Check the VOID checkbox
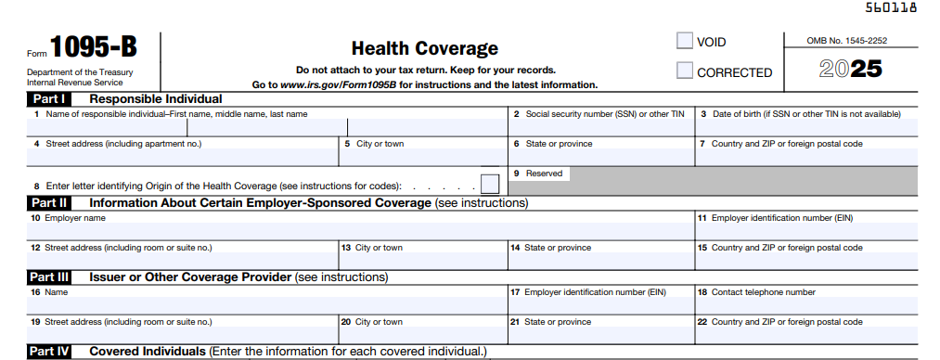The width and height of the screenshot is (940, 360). (x=685, y=41)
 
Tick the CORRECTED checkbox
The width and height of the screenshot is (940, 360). (x=685, y=71)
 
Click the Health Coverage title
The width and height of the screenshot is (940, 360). (x=425, y=49)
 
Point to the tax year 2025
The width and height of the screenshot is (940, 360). (x=850, y=69)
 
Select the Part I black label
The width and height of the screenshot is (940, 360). (x=49, y=99)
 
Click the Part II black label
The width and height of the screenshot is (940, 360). (x=49, y=202)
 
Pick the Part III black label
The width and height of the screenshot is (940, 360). (x=49, y=276)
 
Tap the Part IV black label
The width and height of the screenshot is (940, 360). (x=49, y=352)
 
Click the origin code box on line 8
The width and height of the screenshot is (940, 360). (x=489, y=184)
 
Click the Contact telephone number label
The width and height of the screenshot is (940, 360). (x=763, y=292)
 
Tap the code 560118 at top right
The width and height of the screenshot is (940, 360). (x=890, y=7)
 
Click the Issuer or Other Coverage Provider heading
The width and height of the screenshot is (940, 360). (x=190, y=276)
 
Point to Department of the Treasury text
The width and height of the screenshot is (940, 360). (x=80, y=72)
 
